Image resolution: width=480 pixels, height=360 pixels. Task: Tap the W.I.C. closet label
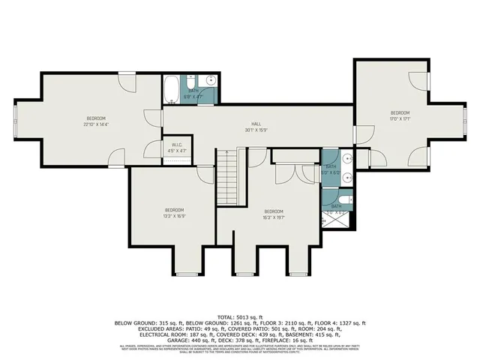coord(178,145)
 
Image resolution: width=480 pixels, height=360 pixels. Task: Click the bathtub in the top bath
coord(172,89)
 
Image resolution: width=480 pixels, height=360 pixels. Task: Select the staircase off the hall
coord(227,177)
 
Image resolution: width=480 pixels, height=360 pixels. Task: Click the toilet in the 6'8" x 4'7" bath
coord(192,79)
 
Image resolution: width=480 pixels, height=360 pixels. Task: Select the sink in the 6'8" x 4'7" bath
coord(211,79)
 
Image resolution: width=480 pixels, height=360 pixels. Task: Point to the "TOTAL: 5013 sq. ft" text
coord(239,316)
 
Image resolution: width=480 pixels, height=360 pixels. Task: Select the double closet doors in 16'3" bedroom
coord(288,172)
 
